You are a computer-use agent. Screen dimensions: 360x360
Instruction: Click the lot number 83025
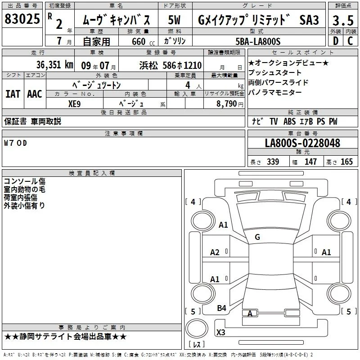point(22,18)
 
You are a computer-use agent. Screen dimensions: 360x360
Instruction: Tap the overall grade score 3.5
point(343,20)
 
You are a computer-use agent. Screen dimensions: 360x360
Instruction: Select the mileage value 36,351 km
point(55,65)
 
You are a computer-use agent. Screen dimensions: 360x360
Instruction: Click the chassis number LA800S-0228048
point(302,143)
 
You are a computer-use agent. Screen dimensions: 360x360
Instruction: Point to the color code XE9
point(74,104)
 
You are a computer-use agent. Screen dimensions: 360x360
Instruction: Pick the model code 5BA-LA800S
point(258,41)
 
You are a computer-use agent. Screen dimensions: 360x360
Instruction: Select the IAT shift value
point(13,94)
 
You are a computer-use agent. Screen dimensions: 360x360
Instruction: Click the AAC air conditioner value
point(35,94)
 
